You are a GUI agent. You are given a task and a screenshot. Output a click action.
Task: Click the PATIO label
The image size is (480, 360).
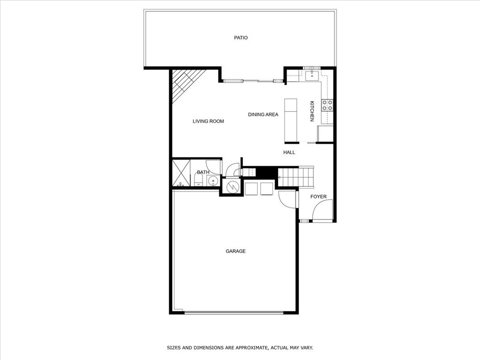click(x=241, y=38)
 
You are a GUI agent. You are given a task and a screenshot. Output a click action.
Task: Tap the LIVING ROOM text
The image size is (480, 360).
click(x=208, y=121)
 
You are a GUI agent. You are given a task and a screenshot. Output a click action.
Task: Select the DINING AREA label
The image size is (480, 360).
click(x=263, y=114)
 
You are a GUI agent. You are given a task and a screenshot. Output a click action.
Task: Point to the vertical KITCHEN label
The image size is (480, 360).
click(x=312, y=111)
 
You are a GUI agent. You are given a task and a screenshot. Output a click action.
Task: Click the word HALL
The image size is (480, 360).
click(x=289, y=152)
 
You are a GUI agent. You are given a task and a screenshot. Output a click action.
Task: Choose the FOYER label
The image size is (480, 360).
click(x=318, y=197)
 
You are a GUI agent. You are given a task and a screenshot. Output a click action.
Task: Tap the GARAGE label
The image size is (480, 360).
click(x=236, y=251)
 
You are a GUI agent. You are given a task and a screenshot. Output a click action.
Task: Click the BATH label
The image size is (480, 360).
click(x=203, y=172)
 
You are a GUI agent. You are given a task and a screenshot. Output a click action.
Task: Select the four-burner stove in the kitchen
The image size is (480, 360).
click(x=327, y=105)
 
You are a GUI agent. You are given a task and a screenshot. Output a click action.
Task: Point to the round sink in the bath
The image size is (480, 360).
click(x=213, y=181)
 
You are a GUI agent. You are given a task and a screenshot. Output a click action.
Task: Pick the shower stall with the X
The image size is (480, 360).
click(x=181, y=173)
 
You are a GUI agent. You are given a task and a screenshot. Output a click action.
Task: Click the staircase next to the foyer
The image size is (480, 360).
click(x=296, y=177)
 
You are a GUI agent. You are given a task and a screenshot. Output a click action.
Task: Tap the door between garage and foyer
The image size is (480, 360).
click(x=287, y=199)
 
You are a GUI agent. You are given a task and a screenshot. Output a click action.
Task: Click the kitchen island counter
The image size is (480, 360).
click(x=291, y=120)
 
